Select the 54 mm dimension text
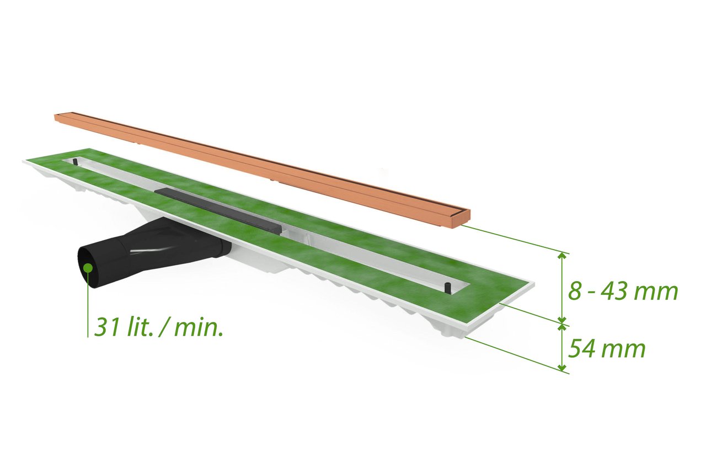(607, 348)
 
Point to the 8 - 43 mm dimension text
(623, 292)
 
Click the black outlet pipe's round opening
(89, 267)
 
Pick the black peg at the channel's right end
(447, 288)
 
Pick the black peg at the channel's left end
(75, 161)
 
